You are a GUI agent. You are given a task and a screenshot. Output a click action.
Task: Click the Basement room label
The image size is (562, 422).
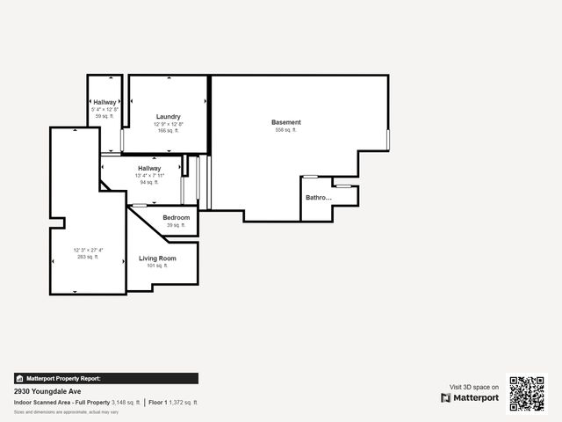coord(286,122)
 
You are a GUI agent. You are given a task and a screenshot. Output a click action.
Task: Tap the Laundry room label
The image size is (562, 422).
coord(169,117)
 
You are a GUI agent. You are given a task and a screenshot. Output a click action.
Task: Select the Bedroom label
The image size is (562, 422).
coord(177,217)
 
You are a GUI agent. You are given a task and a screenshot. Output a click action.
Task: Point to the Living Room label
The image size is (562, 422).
coord(157,258)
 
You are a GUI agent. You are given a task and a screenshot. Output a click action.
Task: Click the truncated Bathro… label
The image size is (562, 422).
coord(319,198)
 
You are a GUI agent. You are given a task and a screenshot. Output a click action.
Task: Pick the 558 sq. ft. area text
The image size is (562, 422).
coord(286,130)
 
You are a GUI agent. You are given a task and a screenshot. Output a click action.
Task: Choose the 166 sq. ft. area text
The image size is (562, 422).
coord(169,131)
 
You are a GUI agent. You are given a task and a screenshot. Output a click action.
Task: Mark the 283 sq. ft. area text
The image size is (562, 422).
coord(87,258)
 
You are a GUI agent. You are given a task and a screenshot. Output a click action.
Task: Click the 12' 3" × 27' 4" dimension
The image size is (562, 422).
coord(88,250)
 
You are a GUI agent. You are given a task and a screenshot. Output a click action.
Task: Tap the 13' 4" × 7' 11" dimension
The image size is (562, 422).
coord(150,175)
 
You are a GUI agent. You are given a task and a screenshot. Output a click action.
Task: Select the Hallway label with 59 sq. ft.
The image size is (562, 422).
coord(104,102)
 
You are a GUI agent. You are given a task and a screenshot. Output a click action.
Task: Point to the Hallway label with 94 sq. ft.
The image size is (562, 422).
coord(149,168)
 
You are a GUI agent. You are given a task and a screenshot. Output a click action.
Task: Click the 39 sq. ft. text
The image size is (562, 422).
coord(177,225)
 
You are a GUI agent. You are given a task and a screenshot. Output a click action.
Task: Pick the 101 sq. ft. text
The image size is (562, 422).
coord(157,266)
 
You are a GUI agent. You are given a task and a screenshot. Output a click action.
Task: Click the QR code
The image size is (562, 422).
coord(527,393)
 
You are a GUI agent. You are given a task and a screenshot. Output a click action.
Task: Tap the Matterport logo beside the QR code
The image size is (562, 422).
coord(470,397)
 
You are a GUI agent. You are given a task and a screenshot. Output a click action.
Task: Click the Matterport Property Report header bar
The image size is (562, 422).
coord(105,378)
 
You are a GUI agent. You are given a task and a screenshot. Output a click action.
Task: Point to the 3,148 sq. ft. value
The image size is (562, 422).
coord(126,402)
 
